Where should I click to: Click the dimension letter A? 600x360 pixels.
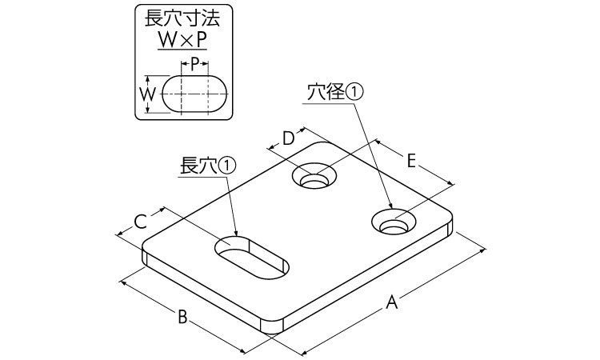[391, 302]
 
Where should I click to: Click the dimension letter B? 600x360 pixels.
[182, 317]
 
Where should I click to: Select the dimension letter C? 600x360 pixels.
[138, 220]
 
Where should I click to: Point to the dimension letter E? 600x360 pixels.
[411, 161]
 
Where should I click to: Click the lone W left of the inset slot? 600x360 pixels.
[147, 94]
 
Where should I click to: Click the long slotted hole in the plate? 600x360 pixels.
[252, 255]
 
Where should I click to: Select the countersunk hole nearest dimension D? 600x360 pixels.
[314, 176]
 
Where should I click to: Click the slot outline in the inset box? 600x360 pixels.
[197, 94]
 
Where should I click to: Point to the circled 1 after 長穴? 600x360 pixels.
[228, 166]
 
